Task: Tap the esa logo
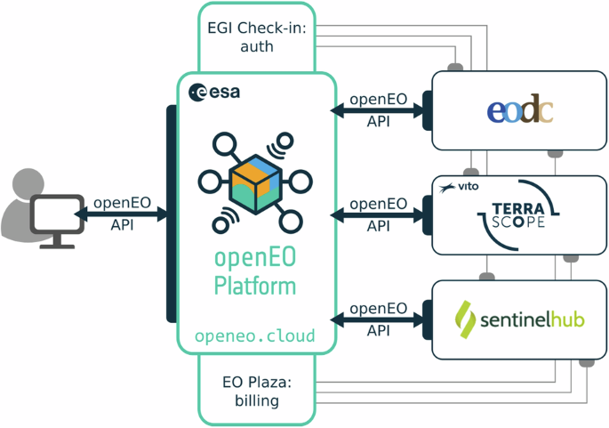[214, 92]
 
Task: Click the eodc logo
[520, 110]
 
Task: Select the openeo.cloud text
[255, 336]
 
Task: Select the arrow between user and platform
[122, 214]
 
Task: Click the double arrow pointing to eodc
[378, 110]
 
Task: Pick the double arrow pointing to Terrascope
[378, 214]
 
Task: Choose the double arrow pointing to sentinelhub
[378, 319]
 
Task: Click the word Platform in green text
[255, 287]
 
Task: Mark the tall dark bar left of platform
[172, 214]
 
